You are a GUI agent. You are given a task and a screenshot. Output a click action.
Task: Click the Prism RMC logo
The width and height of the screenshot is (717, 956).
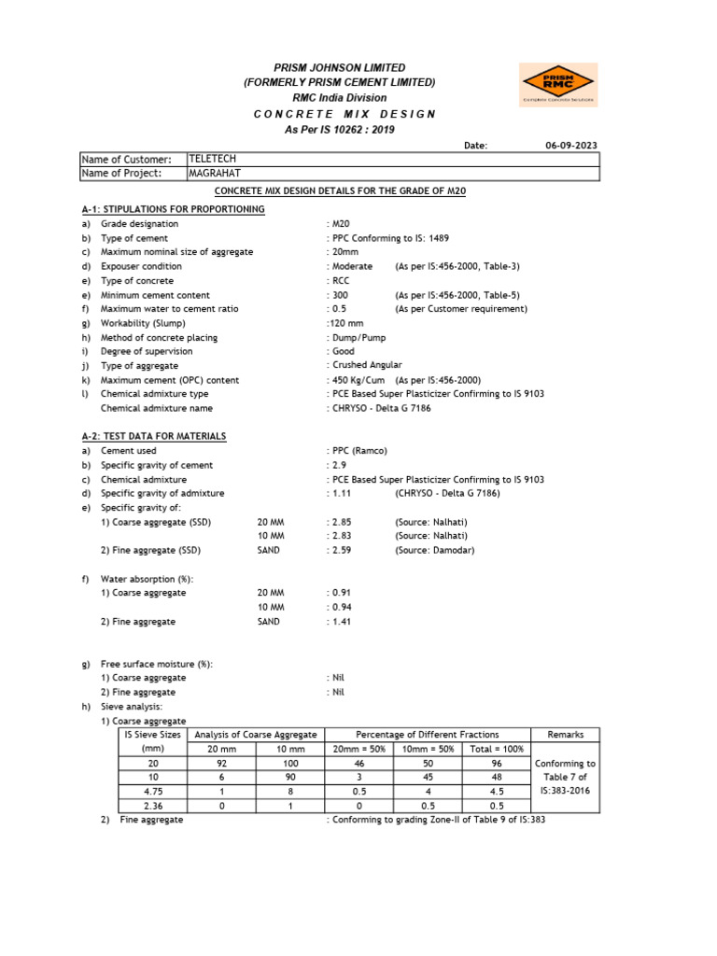(557, 85)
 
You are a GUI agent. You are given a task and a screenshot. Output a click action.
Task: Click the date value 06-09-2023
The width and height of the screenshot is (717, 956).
(571, 146)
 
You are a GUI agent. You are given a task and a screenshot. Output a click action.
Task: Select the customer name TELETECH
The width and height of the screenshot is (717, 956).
(214, 159)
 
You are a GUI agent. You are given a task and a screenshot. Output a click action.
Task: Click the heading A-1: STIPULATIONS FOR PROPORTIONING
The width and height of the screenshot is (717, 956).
(173, 209)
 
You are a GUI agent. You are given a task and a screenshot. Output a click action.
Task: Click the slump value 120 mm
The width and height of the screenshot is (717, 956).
(345, 323)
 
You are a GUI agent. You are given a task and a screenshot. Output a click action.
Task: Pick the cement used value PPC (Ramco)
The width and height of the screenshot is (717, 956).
(358, 451)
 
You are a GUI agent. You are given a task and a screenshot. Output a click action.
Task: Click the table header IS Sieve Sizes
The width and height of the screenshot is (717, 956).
(152, 735)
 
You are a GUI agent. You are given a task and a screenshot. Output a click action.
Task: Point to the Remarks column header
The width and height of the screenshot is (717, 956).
(565, 735)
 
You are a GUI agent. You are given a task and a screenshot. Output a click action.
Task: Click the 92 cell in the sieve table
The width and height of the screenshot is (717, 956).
(222, 763)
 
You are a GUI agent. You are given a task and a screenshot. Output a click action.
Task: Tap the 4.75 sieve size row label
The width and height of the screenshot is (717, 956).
(152, 791)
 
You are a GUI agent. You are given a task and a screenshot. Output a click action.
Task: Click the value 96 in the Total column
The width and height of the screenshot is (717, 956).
(497, 763)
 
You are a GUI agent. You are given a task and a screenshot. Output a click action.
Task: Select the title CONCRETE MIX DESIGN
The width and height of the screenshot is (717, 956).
(344, 114)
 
